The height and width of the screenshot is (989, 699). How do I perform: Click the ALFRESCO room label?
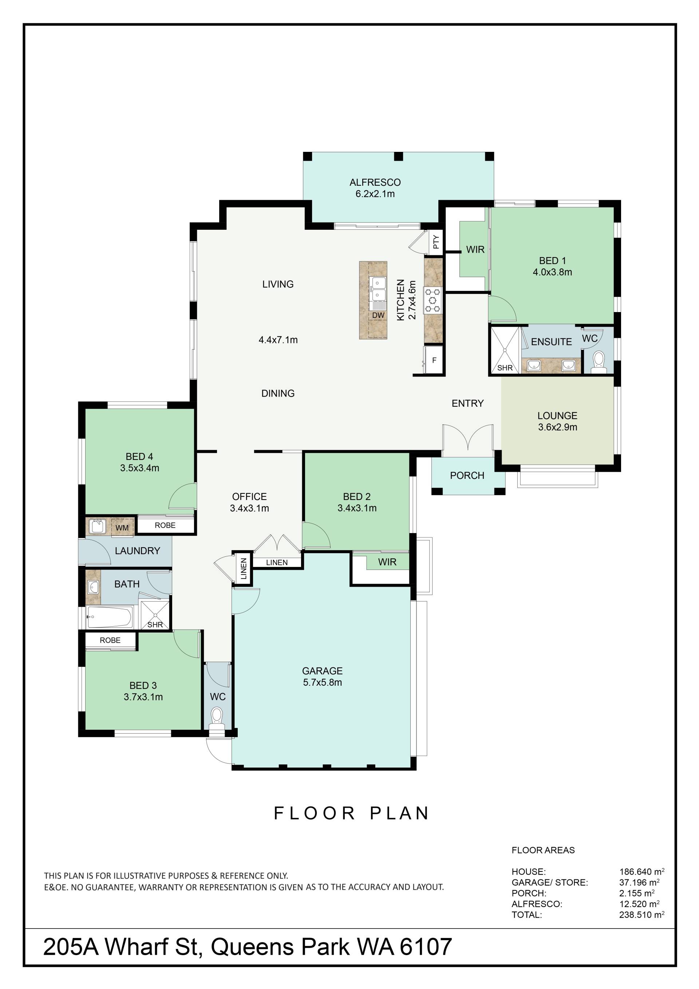click(x=375, y=182)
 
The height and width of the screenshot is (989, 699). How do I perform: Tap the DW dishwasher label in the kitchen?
click(x=378, y=315)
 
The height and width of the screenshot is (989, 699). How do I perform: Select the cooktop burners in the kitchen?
click(x=433, y=300)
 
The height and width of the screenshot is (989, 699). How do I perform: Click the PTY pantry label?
click(x=436, y=242)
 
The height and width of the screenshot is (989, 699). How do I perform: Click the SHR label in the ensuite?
click(x=505, y=368)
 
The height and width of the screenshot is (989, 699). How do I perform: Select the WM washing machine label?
click(x=122, y=528)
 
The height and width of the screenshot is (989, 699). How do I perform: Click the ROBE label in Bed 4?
click(x=165, y=525)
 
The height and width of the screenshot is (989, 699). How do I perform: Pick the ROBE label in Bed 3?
click(x=110, y=640)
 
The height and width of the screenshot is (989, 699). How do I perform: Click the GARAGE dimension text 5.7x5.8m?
click(x=323, y=682)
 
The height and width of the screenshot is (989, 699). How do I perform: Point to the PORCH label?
click(x=467, y=476)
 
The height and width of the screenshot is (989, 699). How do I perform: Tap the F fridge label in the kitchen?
click(x=434, y=360)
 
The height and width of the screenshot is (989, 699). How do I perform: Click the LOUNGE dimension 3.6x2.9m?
click(x=558, y=427)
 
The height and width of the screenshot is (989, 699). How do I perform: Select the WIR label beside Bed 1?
click(x=475, y=249)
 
